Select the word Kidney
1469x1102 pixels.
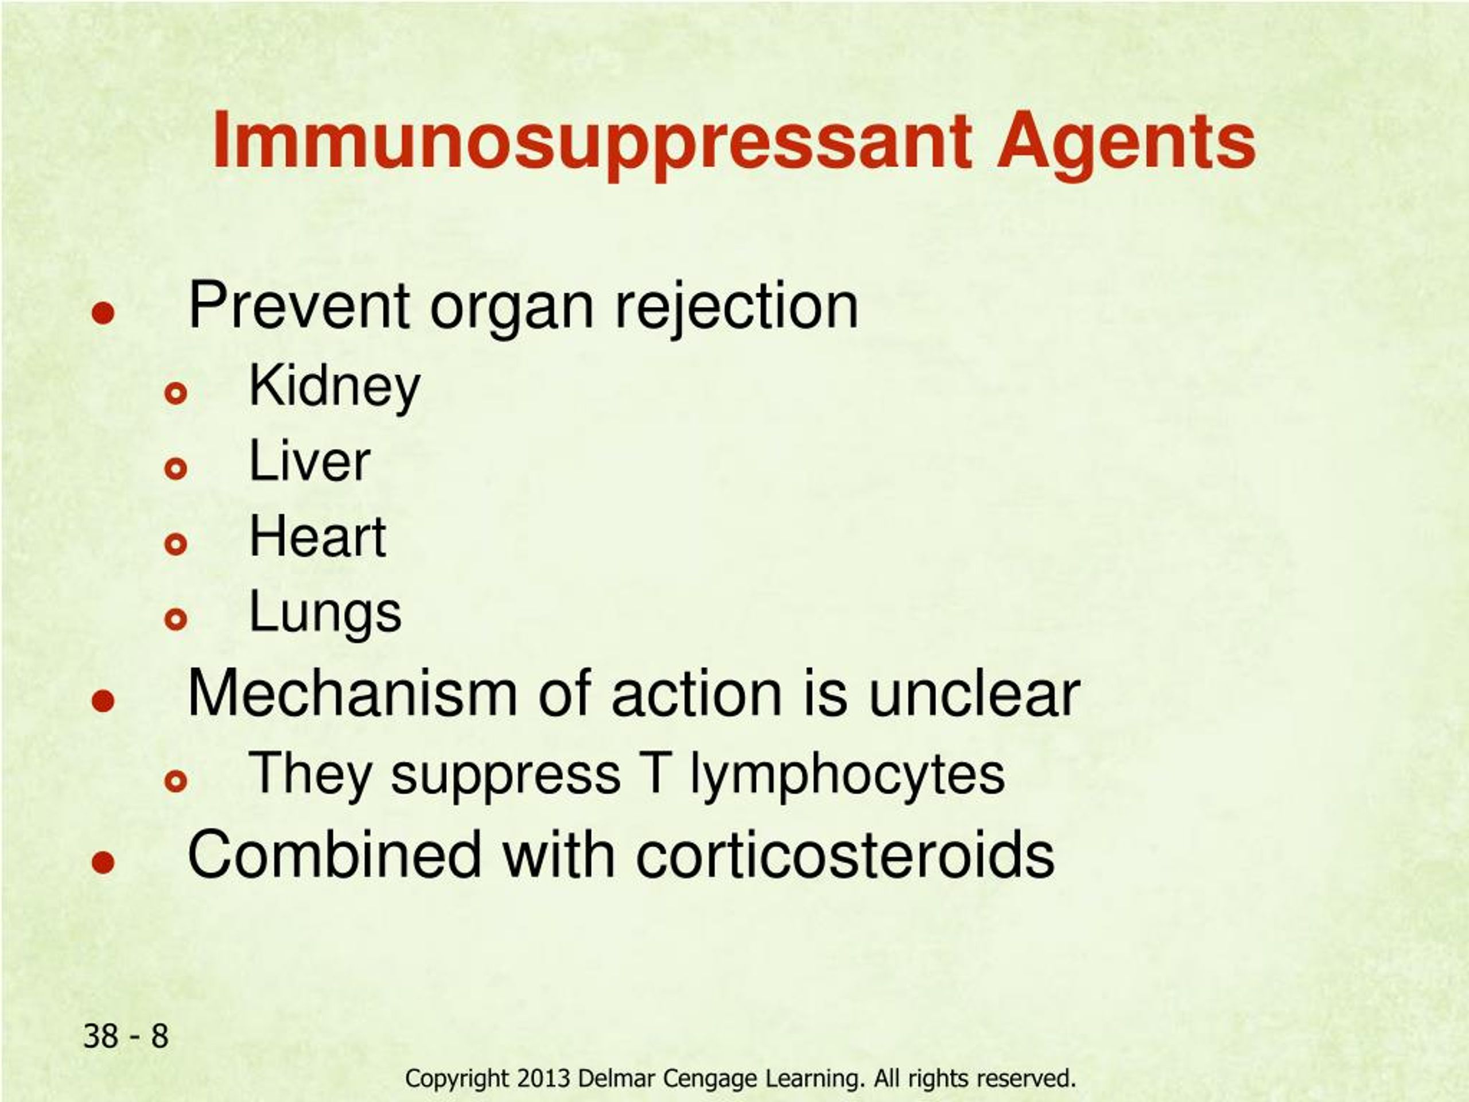(x=335, y=389)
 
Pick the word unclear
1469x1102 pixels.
(x=974, y=693)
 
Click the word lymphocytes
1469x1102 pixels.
(x=848, y=775)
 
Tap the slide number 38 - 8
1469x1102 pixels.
(x=126, y=1036)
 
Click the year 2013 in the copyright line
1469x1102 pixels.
(x=543, y=1078)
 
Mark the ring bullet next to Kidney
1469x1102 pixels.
(x=176, y=394)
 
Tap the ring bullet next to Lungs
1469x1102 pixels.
(x=176, y=619)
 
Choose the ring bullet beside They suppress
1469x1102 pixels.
(x=176, y=781)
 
